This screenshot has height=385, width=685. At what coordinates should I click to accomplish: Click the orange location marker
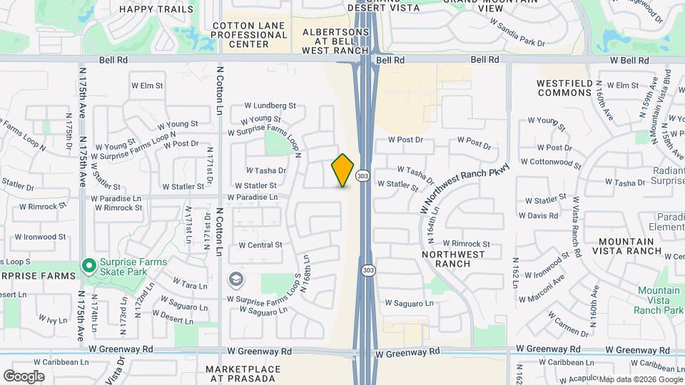(343, 170)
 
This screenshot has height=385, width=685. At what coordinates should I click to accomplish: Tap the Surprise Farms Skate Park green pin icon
(89, 266)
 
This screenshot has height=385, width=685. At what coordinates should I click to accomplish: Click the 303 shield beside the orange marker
(363, 175)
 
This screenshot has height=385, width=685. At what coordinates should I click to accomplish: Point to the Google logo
(24, 376)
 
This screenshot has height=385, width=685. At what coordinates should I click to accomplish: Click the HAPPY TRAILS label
(156, 9)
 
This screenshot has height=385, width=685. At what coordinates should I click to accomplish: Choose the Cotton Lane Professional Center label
(250, 35)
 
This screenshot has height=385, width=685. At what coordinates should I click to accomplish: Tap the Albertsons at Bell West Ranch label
(336, 41)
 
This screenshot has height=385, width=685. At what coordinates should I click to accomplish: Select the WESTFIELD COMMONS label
(564, 88)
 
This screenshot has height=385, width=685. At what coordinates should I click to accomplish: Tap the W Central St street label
(260, 245)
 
